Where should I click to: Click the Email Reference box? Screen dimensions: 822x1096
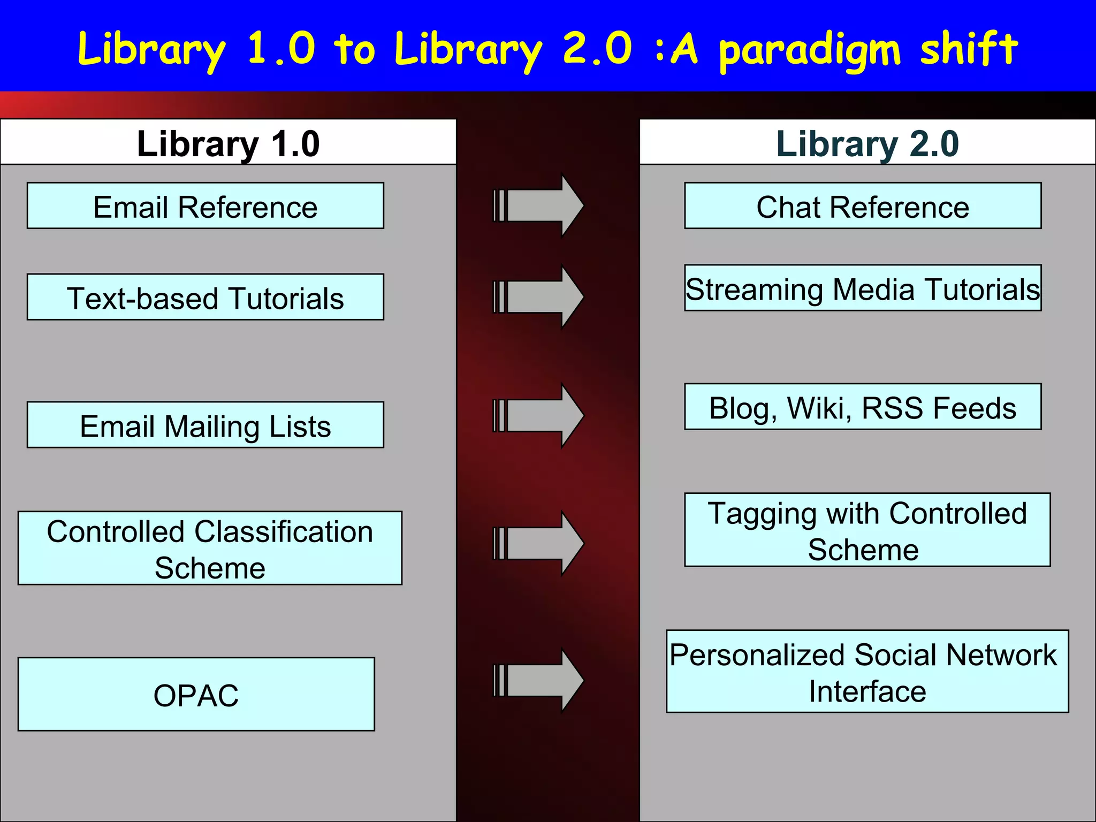[x=205, y=206]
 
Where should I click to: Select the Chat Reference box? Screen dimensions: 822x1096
[x=863, y=206]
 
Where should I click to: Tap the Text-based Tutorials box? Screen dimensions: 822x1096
[x=205, y=297]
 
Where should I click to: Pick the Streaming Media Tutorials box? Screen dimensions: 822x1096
[x=863, y=288]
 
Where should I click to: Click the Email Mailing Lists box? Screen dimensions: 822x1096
[x=205, y=425]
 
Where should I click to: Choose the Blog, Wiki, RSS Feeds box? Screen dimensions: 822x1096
[x=863, y=407]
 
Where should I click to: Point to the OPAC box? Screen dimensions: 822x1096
[x=196, y=694]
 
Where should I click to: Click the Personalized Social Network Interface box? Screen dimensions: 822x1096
[x=867, y=672]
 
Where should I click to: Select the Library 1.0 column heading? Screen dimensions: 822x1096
[x=228, y=143]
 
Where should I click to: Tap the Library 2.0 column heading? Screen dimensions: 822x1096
[x=867, y=143]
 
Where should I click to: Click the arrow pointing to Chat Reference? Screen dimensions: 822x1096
[x=538, y=205]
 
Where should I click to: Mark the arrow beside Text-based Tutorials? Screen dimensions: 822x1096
[x=538, y=296]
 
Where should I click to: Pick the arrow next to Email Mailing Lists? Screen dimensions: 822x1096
[x=538, y=415]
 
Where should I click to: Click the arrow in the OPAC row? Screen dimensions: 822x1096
[x=538, y=680]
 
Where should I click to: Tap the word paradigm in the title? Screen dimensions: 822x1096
[x=809, y=51]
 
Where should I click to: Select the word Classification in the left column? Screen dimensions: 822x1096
[x=284, y=532]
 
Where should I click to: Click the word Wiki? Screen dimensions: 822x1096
[x=819, y=408]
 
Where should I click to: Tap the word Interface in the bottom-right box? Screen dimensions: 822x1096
[x=867, y=691]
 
